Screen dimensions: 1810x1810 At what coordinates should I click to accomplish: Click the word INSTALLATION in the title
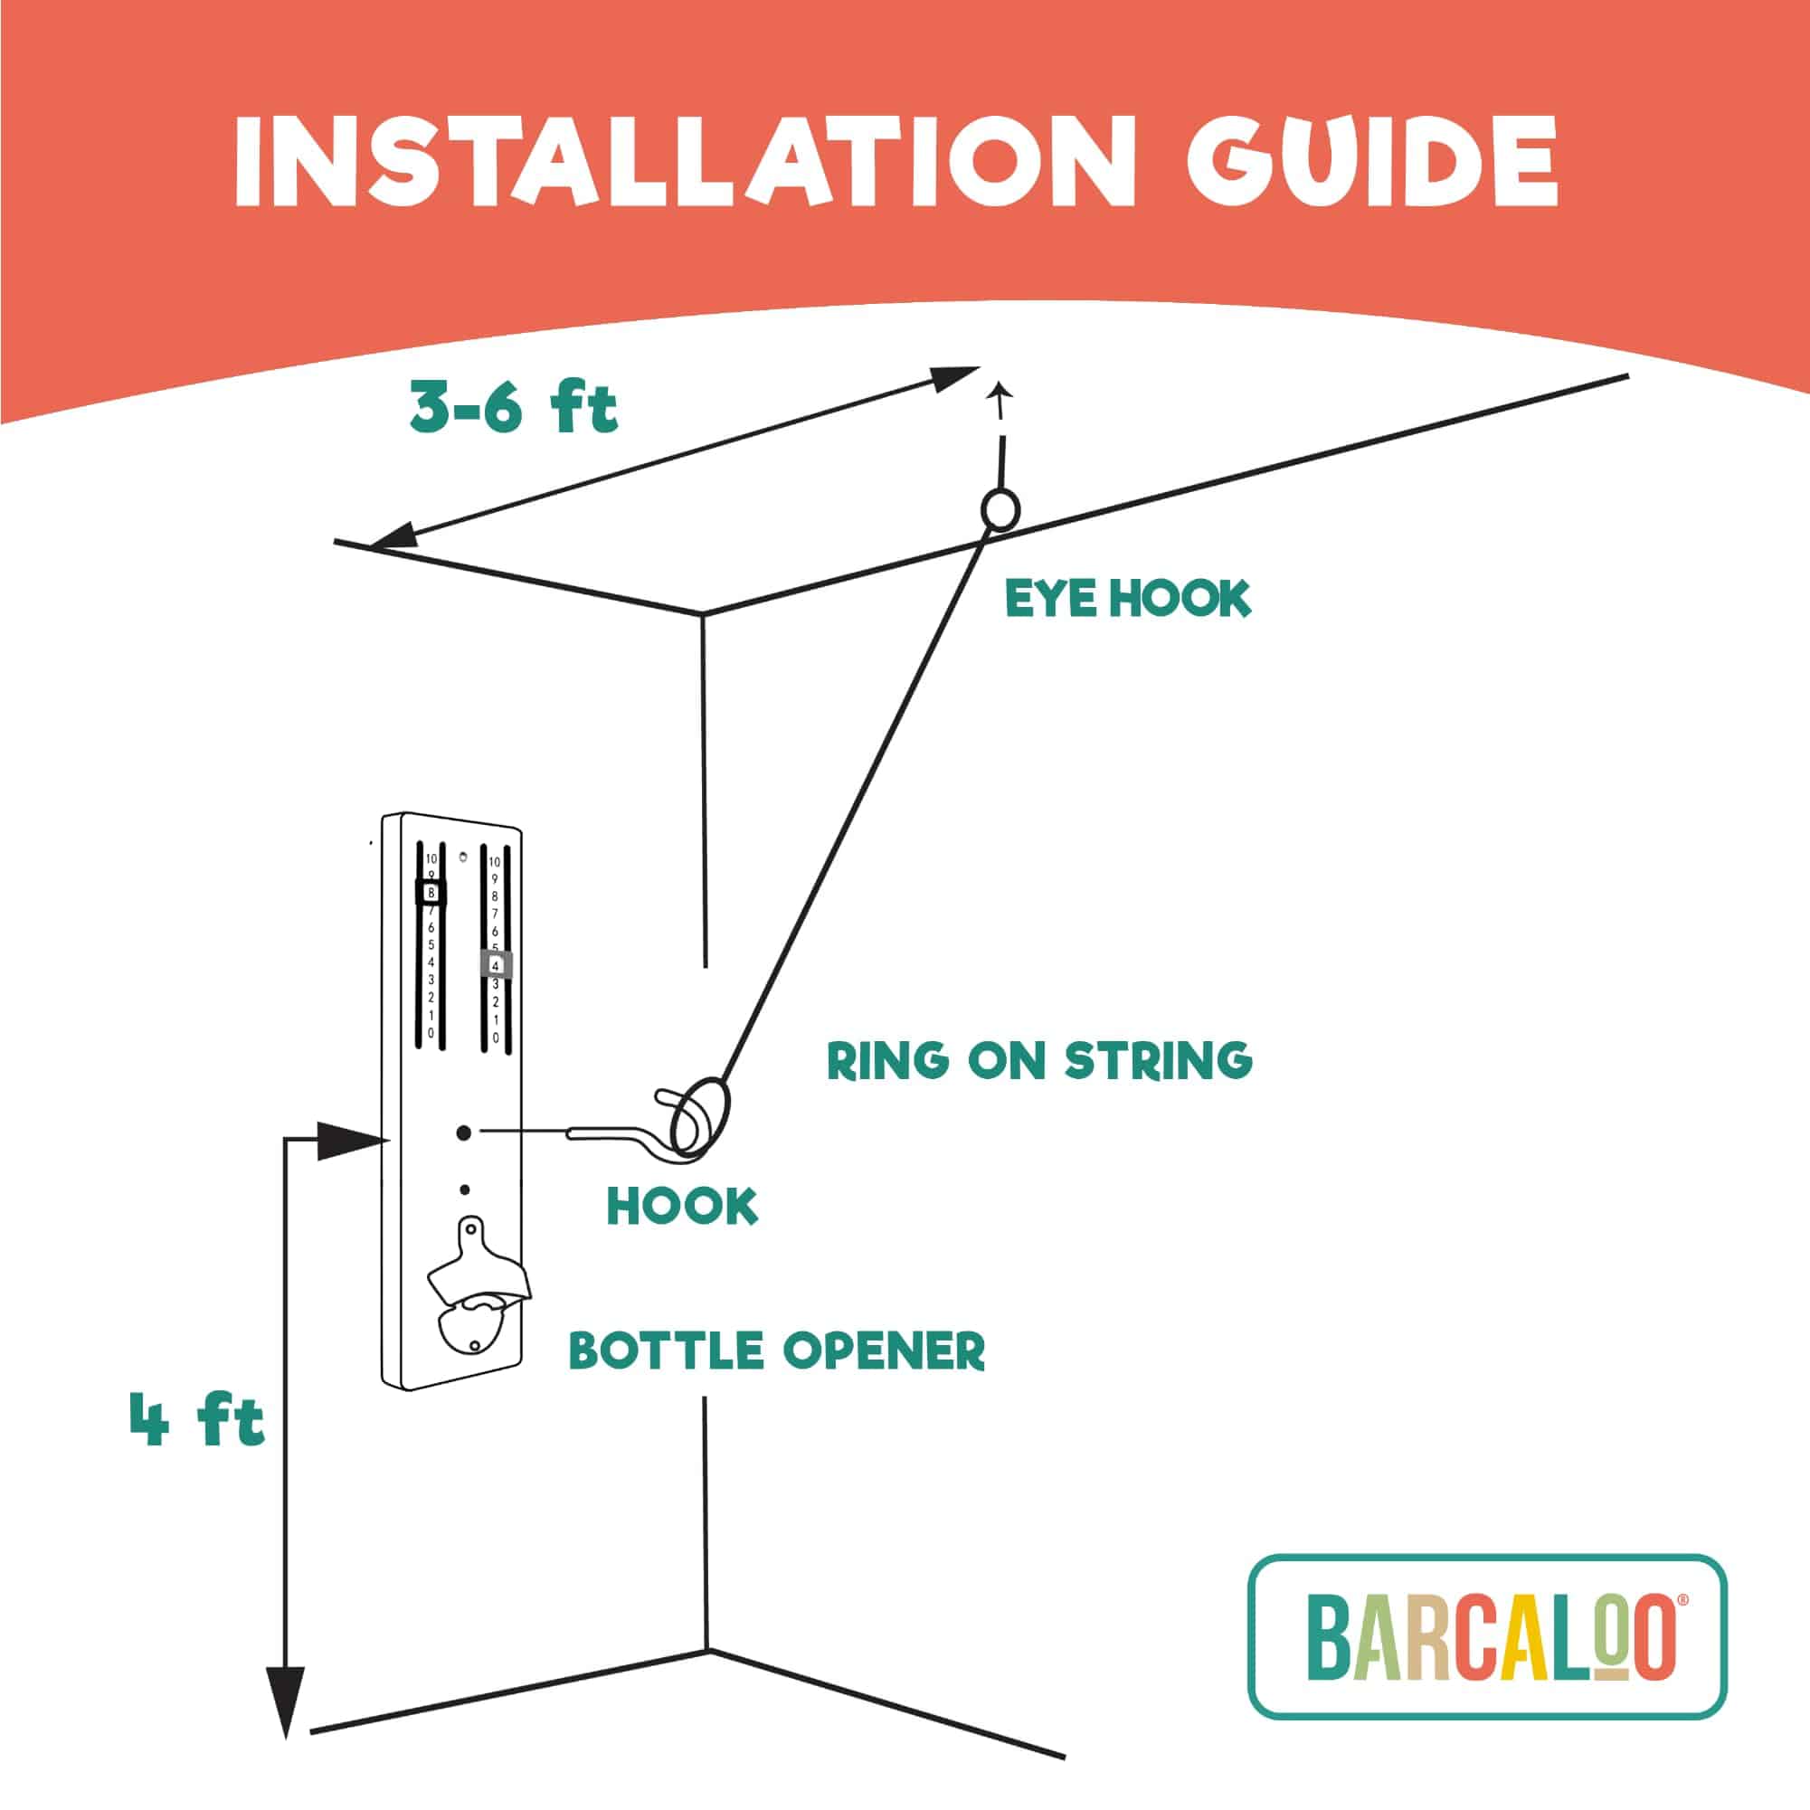684,162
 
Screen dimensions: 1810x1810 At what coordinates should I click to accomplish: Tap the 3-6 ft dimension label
514,407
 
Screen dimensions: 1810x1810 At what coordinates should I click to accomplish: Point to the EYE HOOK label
1128,599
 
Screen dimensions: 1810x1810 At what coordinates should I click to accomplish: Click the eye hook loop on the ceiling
1000,509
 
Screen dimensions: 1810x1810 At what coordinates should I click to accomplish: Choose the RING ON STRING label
1040,1060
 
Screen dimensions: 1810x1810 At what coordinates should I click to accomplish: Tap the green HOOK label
682,1207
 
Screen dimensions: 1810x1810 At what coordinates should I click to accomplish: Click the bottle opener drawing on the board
476,1285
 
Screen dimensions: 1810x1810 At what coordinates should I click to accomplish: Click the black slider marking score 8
431,893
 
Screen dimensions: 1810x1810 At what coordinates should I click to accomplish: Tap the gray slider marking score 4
497,964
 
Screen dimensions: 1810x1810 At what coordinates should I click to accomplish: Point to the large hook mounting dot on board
464,1132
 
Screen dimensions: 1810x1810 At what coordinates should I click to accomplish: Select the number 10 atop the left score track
431,858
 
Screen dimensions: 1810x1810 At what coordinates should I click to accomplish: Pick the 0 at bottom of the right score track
497,1038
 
